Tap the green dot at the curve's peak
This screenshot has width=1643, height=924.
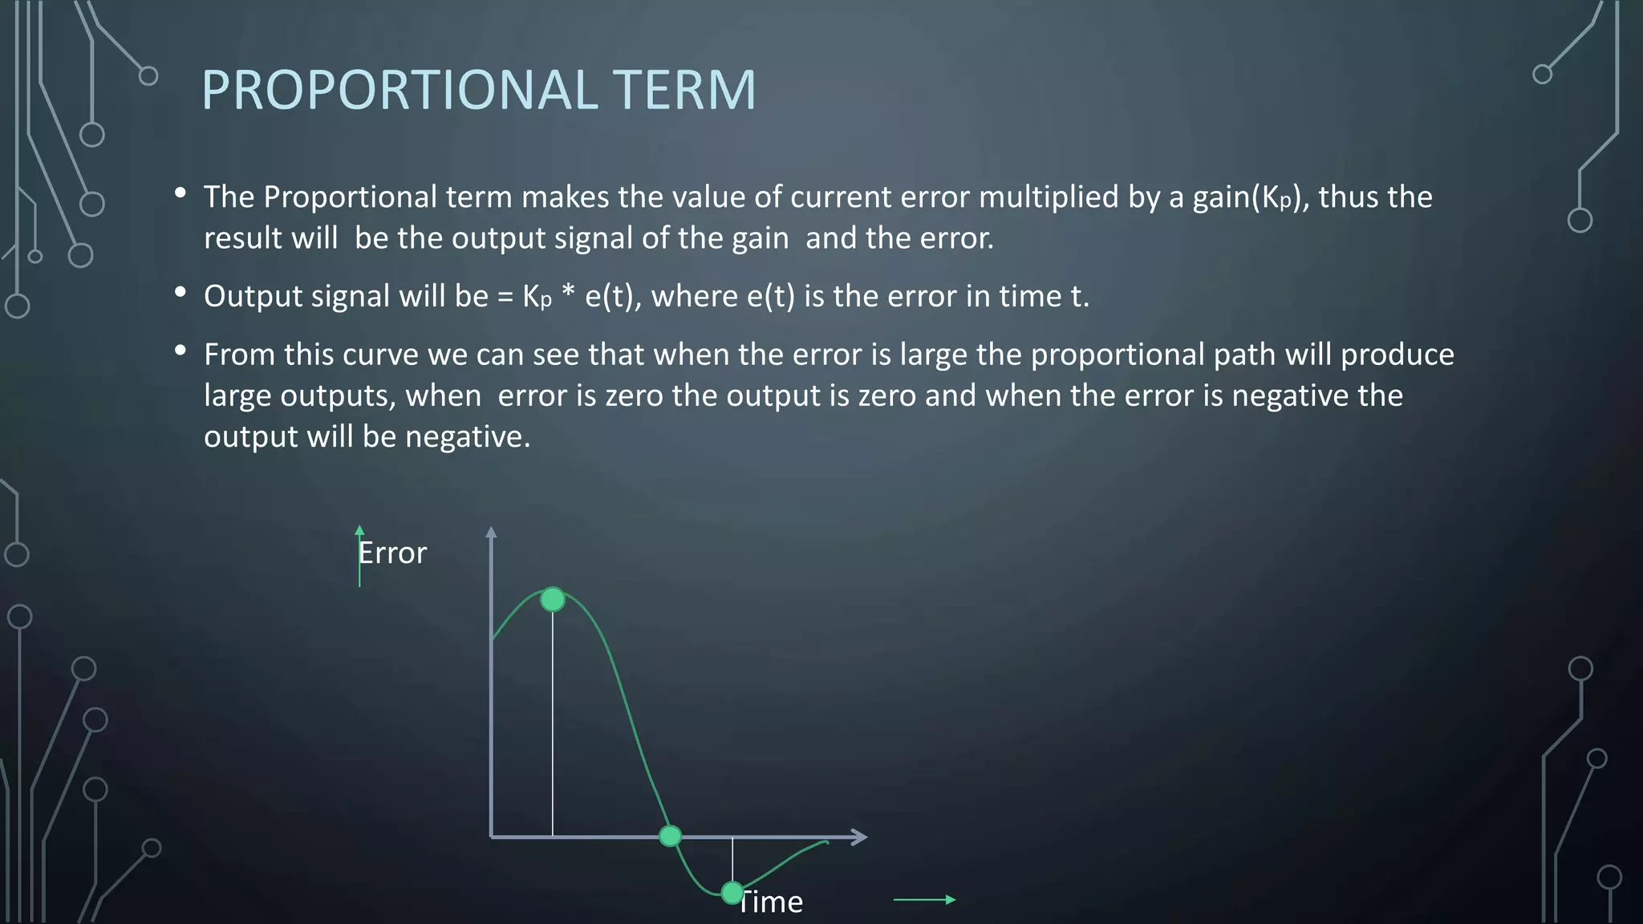coord(553,599)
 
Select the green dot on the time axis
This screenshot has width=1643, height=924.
coord(670,837)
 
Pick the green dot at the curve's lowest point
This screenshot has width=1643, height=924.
coord(732,892)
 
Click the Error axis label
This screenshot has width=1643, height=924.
coord(392,553)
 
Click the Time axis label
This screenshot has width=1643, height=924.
coord(770,902)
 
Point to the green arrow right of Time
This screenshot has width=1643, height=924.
coord(924,900)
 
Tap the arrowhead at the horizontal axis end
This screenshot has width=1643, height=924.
coord(859,837)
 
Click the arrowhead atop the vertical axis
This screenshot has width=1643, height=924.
coord(492,532)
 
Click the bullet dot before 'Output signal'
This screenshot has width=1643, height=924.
coord(181,292)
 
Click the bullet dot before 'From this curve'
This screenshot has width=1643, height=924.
coord(181,350)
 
